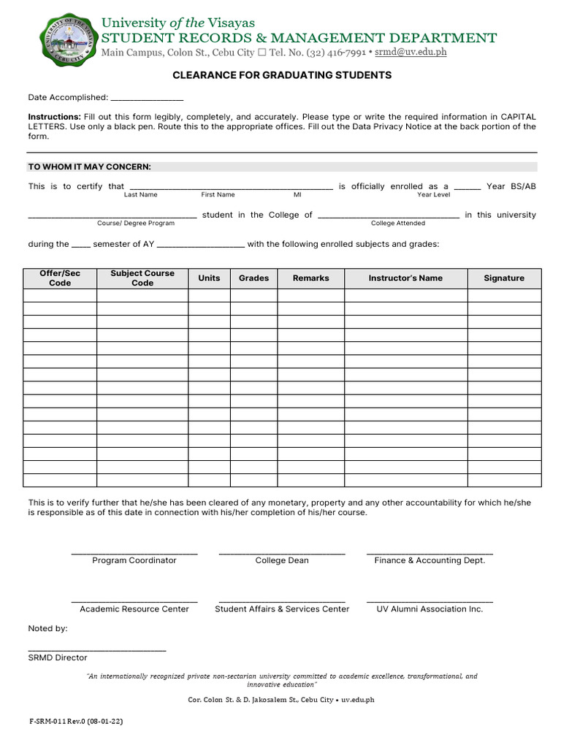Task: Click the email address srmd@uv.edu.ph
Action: point(411,53)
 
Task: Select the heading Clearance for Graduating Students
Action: point(281,75)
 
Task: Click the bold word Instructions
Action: point(54,117)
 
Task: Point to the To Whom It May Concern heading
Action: point(89,167)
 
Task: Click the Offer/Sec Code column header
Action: point(60,278)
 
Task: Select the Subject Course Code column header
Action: point(142,278)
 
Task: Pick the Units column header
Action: point(209,278)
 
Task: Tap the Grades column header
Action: point(253,278)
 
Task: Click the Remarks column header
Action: point(310,278)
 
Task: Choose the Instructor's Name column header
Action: point(405,278)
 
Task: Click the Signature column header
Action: point(504,278)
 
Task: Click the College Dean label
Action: point(282,561)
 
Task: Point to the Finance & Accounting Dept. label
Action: point(430,561)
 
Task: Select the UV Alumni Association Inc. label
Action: point(430,609)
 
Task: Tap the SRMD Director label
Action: point(58,658)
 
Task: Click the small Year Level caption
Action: point(434,195)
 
